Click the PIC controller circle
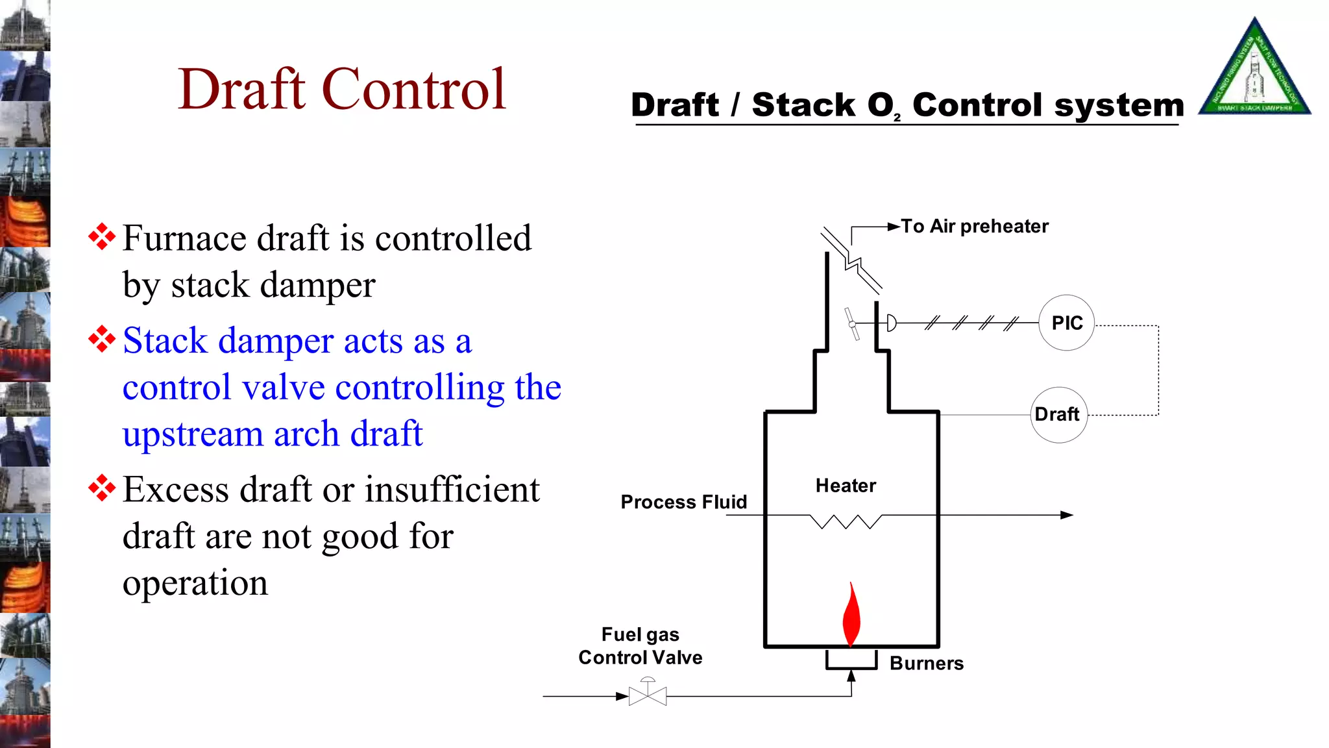pos(1066,323)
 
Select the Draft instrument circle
pos(1058,415)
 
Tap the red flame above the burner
pos(851,616)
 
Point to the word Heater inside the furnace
pos(846,486)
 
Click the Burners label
pos(926,664)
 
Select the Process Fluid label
pos(683,502)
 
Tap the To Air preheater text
pos(974,227)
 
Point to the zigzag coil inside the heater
pos(846,521)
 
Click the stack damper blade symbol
pos(852,323)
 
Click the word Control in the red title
pos(413,90)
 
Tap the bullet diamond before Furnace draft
pos(102,237)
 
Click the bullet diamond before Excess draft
pos(102,488)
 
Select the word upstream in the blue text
pos(192,434)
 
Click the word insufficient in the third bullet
pos(452,490)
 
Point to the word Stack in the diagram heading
pos(803,106)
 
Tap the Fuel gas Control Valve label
pos(640,646)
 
